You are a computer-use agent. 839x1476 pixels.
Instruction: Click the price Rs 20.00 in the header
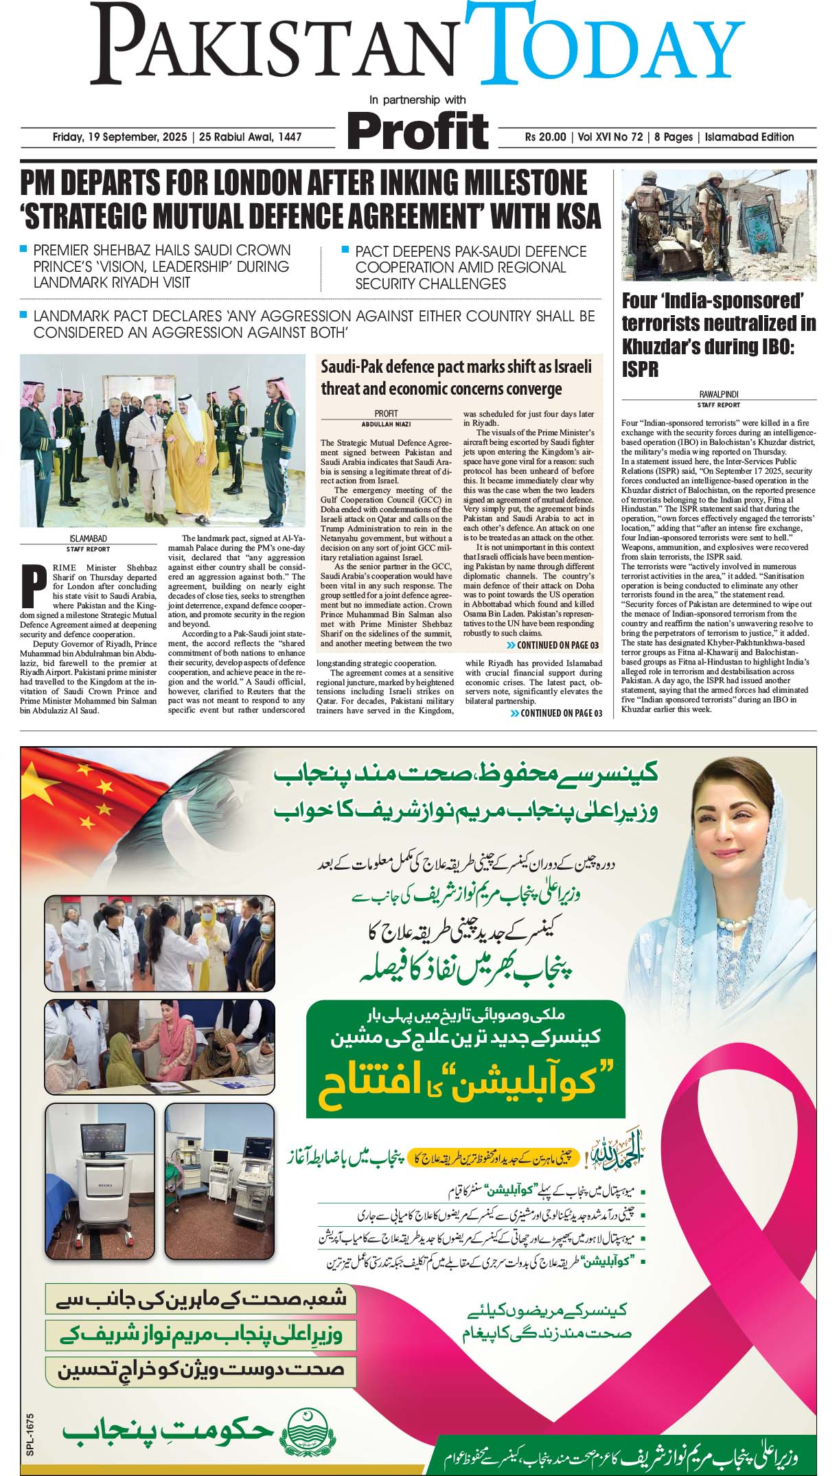click(x=545, y=137)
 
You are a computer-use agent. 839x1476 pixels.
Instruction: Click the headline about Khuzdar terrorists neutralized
click(x=718, y=334)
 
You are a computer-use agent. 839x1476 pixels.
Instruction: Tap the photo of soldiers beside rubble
click(x=718, y=224)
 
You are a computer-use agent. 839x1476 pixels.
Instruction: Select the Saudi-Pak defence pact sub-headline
click(x=455, y=377)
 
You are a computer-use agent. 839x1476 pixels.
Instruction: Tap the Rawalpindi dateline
click(x=718, y=395)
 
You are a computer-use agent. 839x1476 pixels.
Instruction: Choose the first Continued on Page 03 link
click(x=553, y=645)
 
